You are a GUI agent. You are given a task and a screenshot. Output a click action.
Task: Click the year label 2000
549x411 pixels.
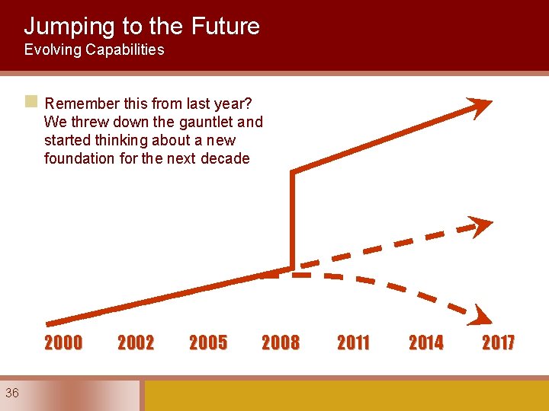click(x=63, y=343)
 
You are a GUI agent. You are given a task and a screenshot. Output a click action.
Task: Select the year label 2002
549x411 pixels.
click(x=136, y=343)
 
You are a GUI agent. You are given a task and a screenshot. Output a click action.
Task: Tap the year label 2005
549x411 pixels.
click(x=208, y=343)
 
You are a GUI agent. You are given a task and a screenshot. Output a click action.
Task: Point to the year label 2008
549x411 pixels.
click(x=281, y=343)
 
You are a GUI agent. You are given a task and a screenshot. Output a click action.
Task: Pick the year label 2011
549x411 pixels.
click(x=353, y=343)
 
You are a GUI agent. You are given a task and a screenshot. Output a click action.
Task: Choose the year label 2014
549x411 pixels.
click(x=425, y=343)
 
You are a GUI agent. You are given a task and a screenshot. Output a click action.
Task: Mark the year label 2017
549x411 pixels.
click(x=498, y=343)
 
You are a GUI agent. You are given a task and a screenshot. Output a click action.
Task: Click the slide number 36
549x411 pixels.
click(x=12, y=393)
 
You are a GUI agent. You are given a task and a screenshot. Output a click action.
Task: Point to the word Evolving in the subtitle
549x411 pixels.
click(x=52, y=50)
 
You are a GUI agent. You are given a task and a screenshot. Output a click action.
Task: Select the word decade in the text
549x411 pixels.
click(x=226, y=158)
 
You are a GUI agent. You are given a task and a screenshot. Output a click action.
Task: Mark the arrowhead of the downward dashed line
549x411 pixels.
click(x=480, y=314)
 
